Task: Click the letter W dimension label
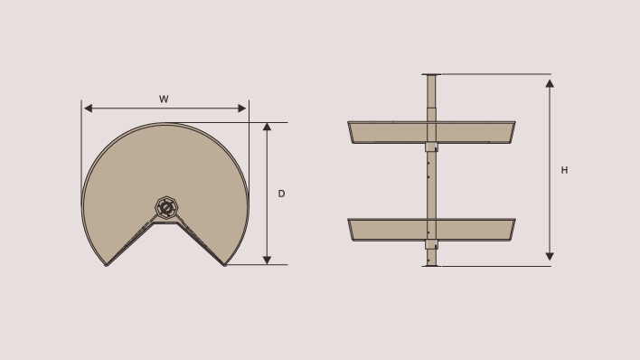[x=164, y=99]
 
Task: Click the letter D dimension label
[x=281, y=194]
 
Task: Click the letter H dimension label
[x=564, y=170]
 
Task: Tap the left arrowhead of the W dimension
[x=88, y=109]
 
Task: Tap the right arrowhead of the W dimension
[x=242, y=109]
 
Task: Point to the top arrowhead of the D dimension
[x=267, y=127]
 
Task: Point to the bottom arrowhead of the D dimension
[x=267, y=260]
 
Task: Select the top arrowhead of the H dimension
[x=550, y=84]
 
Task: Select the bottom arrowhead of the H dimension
[x=550, y=256]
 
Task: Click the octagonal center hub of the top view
[x=166, y=208]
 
